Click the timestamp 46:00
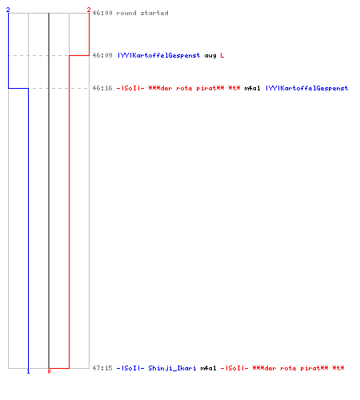102,13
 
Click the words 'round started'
142,13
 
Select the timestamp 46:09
102,55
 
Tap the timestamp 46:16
102,88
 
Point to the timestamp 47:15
102,368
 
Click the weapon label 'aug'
210,56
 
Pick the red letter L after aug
222,55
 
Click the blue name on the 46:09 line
159,55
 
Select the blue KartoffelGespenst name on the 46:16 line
307,88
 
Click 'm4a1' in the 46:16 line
252,88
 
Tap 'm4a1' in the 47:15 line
208,368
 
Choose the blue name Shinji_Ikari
172,368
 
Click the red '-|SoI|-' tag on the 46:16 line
130,88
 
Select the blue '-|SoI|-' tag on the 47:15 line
130,368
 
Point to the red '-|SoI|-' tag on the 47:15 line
234,368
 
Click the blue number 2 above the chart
8,10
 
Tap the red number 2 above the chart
89,10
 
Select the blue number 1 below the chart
28,371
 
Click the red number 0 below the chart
49,371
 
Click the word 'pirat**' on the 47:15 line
314,368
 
